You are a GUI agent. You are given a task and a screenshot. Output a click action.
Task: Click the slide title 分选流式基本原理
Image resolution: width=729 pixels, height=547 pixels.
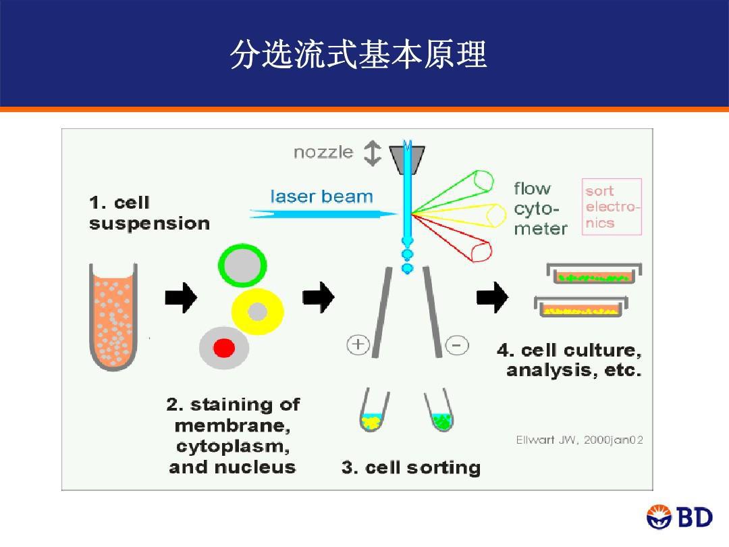(358, 55)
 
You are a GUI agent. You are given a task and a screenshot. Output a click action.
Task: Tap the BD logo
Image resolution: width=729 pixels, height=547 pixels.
(680, 517)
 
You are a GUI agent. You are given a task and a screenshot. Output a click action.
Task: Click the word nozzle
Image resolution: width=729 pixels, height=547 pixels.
(323, 153)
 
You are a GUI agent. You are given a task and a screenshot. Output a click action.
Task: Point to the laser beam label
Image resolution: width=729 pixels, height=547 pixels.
(321, 197)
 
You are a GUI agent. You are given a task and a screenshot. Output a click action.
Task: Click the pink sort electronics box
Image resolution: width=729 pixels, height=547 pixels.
(612, 207)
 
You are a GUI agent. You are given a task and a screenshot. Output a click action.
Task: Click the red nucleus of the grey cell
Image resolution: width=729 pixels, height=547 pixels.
(224, 348)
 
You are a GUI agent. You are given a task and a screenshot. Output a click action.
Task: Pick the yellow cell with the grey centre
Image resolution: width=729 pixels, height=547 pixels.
(258, 311)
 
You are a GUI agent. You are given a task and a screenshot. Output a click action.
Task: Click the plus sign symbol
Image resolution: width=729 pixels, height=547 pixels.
(358, 345)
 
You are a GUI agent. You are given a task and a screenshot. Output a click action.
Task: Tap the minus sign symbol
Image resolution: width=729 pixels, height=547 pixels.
(457, 346)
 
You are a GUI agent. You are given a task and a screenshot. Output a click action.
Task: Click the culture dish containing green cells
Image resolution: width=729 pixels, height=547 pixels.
(593, 274)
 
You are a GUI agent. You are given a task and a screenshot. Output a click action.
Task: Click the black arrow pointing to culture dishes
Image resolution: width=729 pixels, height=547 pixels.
(493, 296)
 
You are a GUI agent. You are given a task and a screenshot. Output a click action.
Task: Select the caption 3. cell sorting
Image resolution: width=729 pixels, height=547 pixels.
(410, 467)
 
